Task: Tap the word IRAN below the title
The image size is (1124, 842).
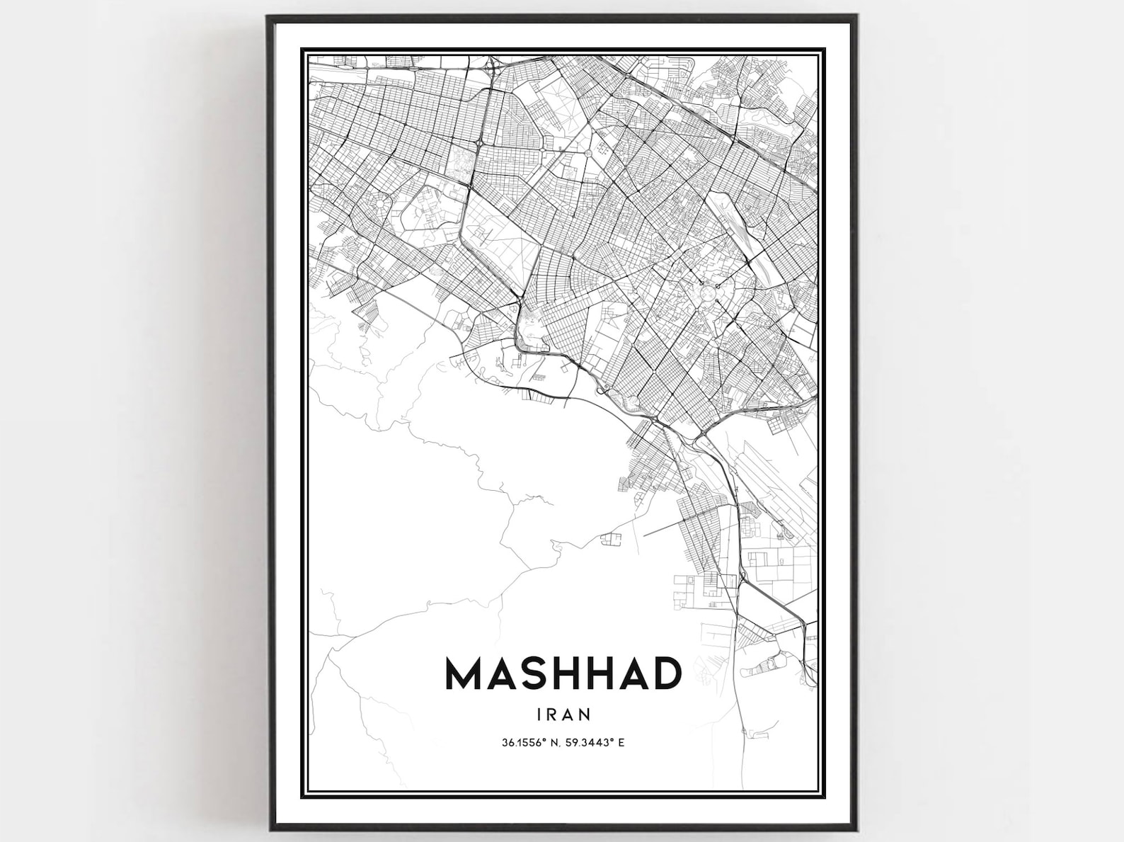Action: [x=563, y=714]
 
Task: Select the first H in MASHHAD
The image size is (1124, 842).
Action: [x=563, y=673]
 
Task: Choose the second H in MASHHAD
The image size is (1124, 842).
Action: [x=599, y=673]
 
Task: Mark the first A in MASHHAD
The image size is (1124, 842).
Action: [x=499, y=673]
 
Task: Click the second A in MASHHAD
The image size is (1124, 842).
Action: [x=632, y=673]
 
